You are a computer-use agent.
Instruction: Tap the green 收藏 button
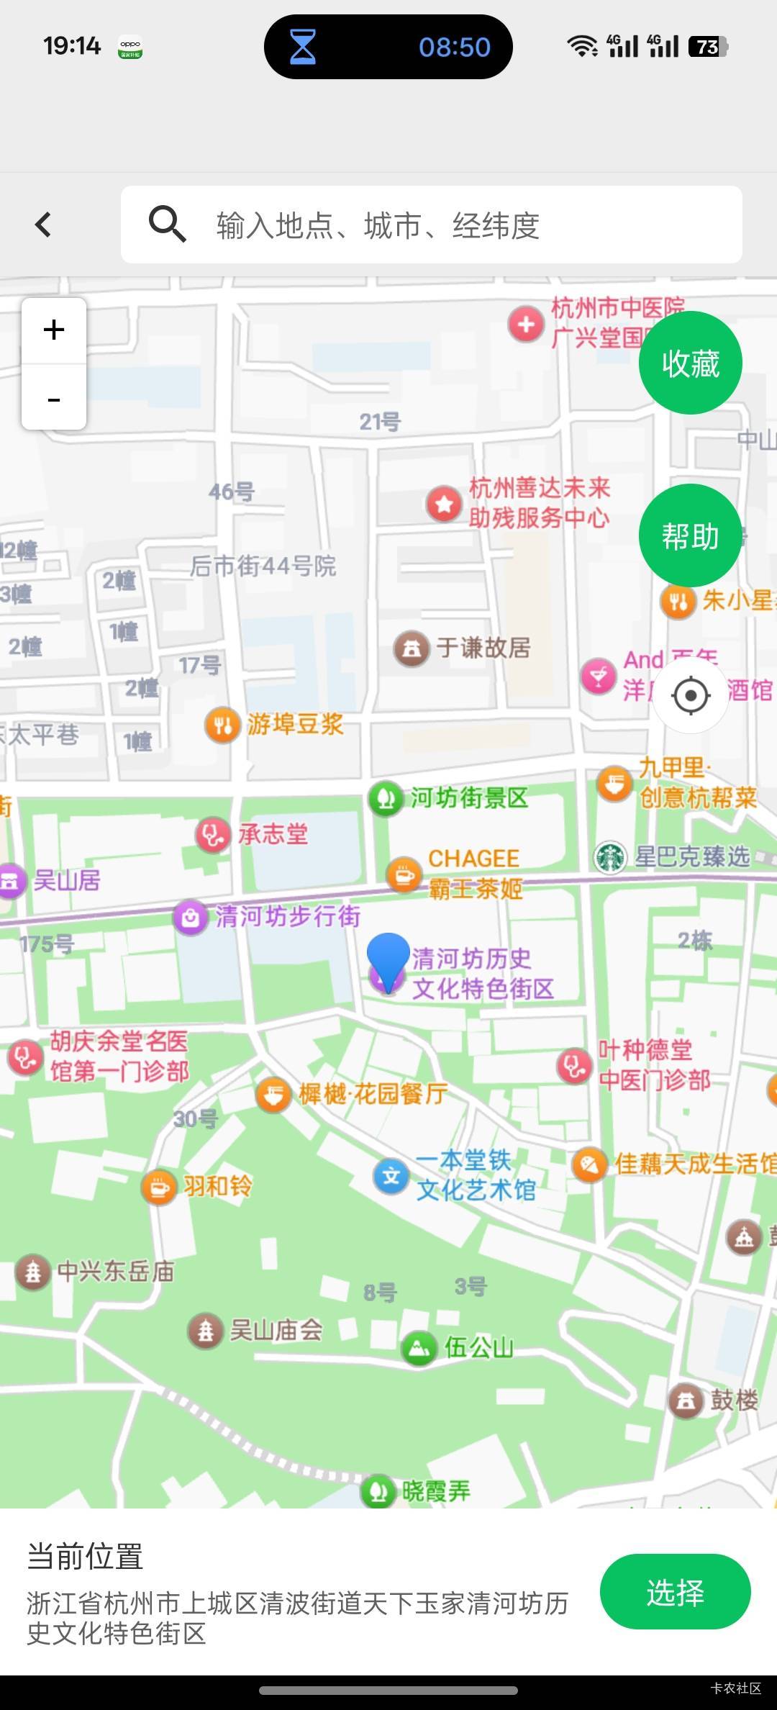click(690, 363)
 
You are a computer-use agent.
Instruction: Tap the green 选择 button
click(675, 1592)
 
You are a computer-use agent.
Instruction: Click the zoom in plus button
click(54, 330)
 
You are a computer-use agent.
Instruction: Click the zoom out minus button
click(54, 398)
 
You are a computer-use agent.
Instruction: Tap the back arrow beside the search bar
click(44, 225)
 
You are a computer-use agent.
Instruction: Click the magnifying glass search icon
click(167, 224)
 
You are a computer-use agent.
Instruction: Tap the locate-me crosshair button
click(691, 695)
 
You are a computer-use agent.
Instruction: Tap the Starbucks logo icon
click(610, 857)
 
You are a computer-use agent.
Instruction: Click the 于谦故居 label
click(483, 648)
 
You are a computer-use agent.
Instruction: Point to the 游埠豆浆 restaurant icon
click(222, 725)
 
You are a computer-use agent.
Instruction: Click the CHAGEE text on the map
click(473, 858)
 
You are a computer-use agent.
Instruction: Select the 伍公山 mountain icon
click(419, 1347)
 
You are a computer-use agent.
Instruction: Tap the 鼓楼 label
click(734, 1400)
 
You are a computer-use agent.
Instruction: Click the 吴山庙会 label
click(276, 1330)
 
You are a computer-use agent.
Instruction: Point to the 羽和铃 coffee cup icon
click(159, 1187)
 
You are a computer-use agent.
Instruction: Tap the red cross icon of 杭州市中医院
click(526, 325)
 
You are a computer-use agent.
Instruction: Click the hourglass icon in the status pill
click(302, 47)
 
